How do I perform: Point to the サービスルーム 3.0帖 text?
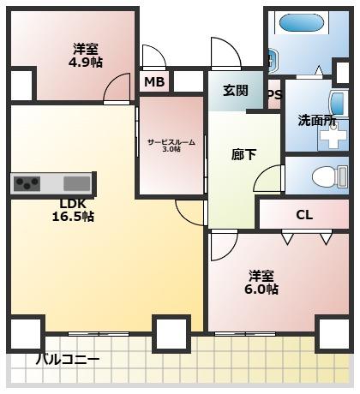pyautogui.click(x=171, y=145)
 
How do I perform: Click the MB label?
pyautogui.click(x=154, y=82)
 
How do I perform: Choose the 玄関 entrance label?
pyautogui.click(x=235, y=90)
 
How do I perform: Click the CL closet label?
pyautogui.click(x=304, y=214)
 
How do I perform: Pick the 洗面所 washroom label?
pyautogui.click(x=316, y=121)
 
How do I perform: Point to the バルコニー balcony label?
pyautogui.click(x=68, y=359)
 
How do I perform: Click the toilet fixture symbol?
pyautogui.click(x=326, y=177)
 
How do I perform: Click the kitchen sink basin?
pyautogui.click(x=76, y=183)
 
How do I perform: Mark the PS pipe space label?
pyautogui.click(x=274, y=95)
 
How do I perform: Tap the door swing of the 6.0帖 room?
pyautogui.click(x=225, y=246)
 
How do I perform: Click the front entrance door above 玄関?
pyautogui.click(x=225, y=53)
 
